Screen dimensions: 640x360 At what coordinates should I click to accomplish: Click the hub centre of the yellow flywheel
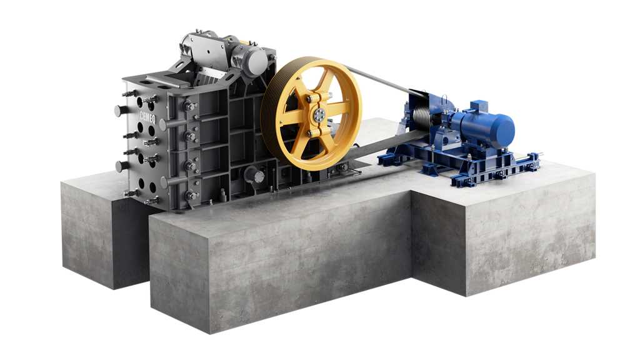pos(318,115)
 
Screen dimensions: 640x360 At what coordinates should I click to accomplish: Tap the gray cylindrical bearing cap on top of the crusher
pos(254,61)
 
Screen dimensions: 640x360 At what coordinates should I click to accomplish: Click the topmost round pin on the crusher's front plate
pos(121,110)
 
